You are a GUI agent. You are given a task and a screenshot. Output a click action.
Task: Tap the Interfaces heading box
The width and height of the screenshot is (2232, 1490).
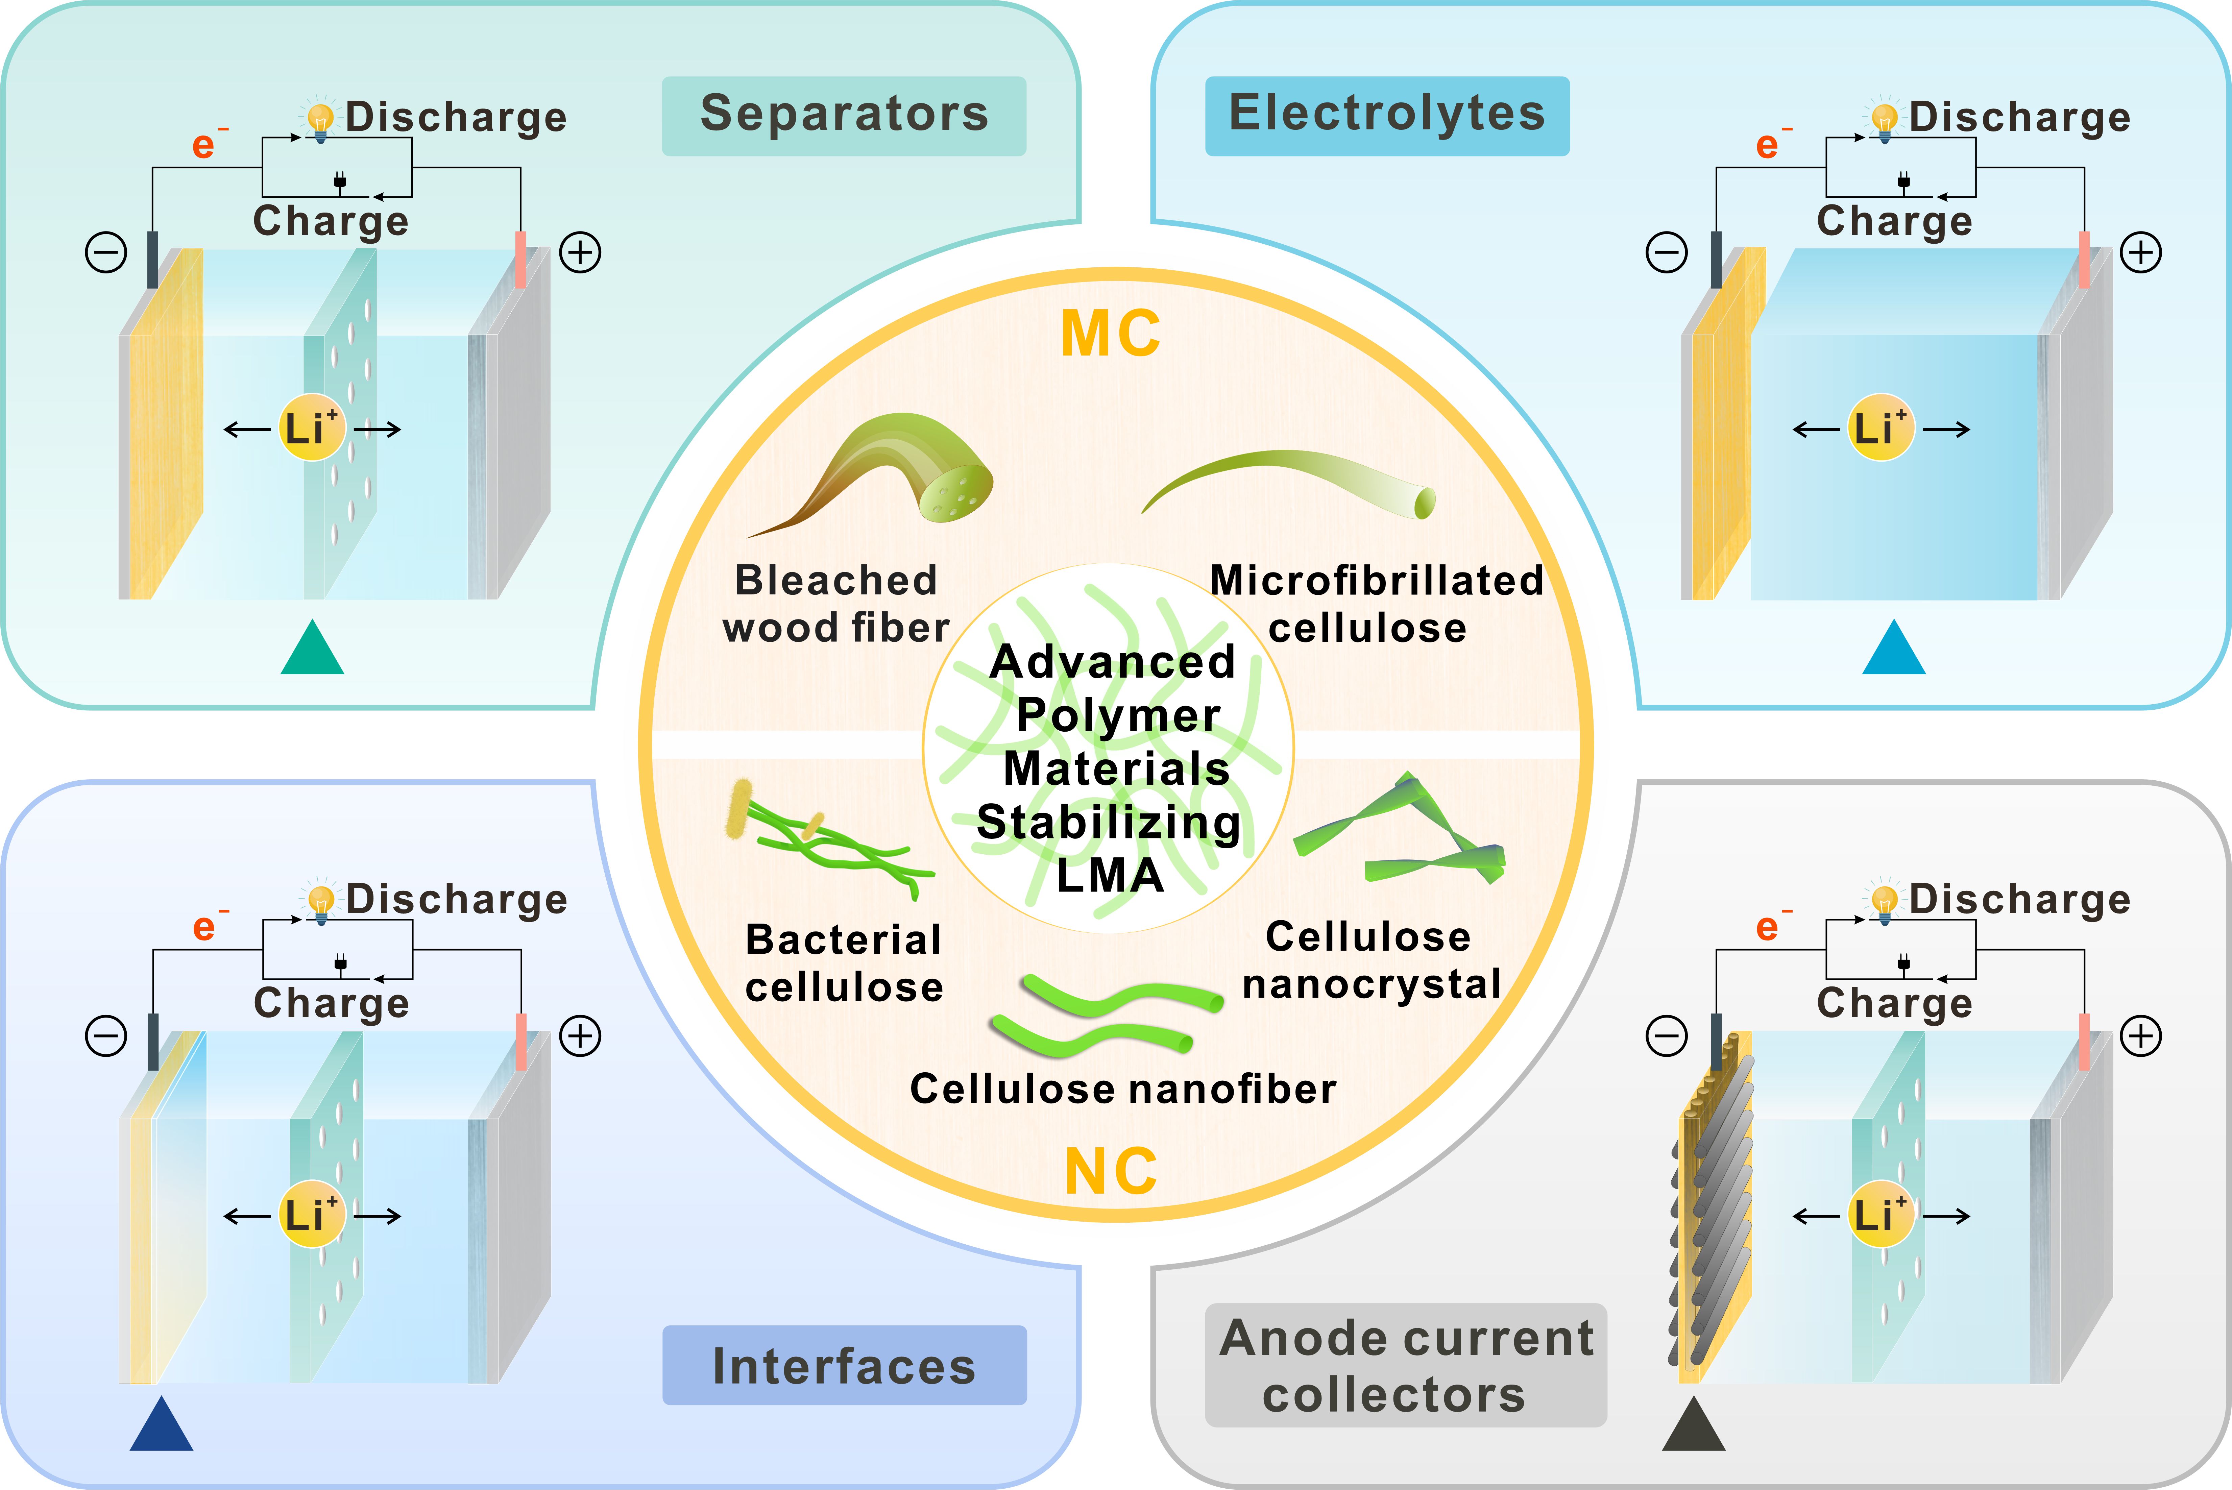point(844,1366)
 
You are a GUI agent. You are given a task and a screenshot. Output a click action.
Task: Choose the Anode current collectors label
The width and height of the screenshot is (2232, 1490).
point(1405,1366)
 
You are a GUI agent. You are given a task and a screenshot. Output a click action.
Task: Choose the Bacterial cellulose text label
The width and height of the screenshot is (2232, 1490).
point(844,962)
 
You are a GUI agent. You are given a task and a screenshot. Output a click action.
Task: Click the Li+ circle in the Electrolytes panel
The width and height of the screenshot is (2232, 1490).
point(1881,428)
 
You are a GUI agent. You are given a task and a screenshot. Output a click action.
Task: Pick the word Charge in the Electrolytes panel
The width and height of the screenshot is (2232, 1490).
point(1894,220)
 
